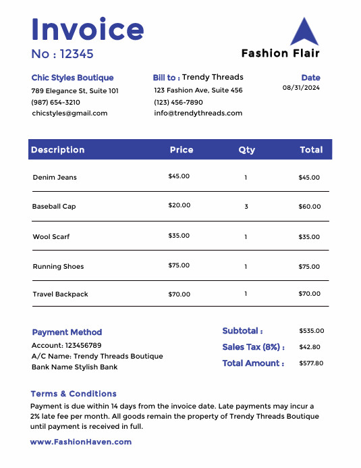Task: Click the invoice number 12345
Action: click(76, 54)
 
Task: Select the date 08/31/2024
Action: click(301, 88)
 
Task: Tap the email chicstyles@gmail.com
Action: click(70, 113)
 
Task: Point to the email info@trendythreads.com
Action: click(198, 113)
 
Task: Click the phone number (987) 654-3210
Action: click(56, 102)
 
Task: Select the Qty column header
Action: click(246, 150)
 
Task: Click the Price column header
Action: click(182, 150)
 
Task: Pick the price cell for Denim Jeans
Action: click(179, 176)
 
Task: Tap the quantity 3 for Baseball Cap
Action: click(246, 207)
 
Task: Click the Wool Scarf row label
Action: click(51, 237)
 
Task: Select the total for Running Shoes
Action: click(309, 267)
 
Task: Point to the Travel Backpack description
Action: click(60, 294)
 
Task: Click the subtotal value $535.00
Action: click(311, 331)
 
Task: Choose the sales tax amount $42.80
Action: click(309, 347)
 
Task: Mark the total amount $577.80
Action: click(311, 363)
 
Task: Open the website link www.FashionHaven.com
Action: click(81, 442)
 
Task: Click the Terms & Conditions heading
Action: click(74, 394)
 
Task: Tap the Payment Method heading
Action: click(67, 332)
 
